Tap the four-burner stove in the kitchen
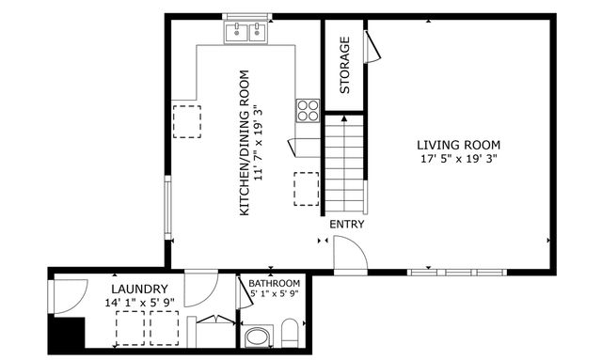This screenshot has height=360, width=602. click(x=308, y=110)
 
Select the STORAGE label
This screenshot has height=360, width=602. click(x=344, y=66)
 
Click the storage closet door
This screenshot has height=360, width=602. click(x=372, y=46)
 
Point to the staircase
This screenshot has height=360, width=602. click(x=344, y=164)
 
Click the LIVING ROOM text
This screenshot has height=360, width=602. click(x=458, y=145)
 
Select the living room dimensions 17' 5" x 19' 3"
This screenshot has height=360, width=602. click(x=458, y=159)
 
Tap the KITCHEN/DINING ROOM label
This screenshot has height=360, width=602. click(x=244, y=143)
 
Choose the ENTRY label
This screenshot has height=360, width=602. click(x=346, y=225)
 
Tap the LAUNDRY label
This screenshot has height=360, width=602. click(x=139, y=289)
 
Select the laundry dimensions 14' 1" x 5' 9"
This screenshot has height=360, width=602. click(x=139, y=303)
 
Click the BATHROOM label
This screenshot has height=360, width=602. click(x=275, y=283)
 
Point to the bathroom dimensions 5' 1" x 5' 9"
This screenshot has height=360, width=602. click(x=275, y=294)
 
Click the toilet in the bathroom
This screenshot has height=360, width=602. click(x=291, y=333)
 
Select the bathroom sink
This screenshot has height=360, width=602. click(x=256, y=336)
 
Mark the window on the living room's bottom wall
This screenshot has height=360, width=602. click(x=456, y=273)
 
